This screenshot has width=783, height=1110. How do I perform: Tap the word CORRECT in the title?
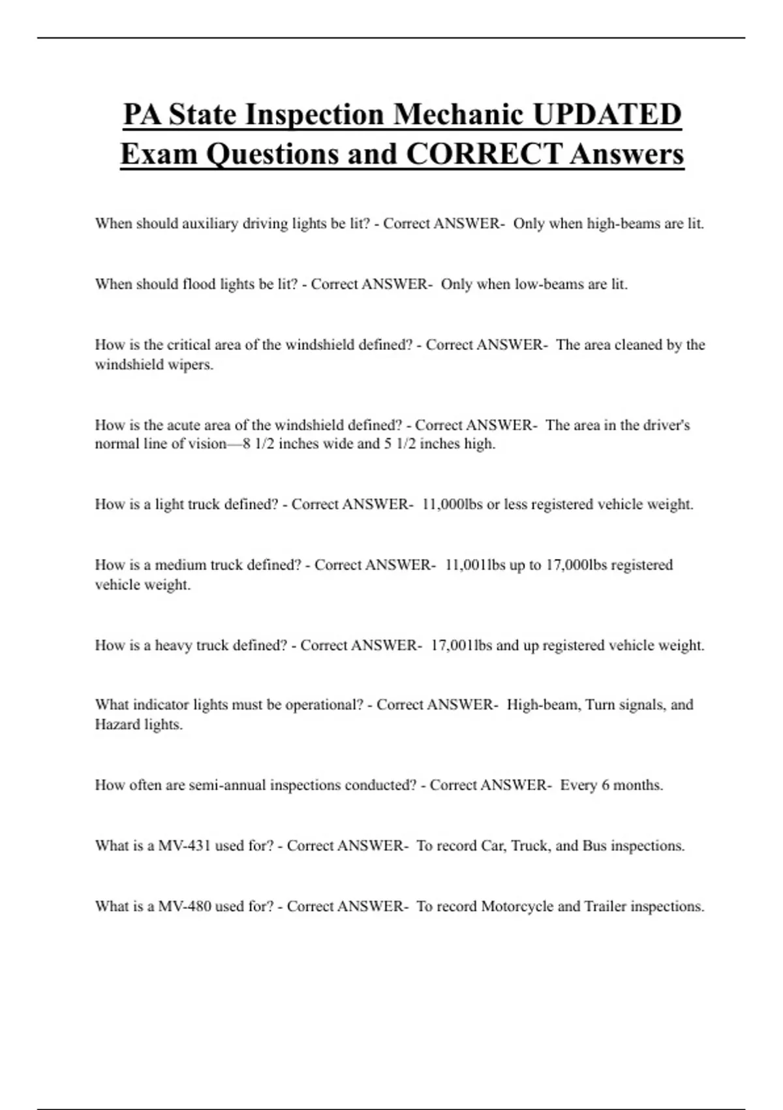[x=484, y=155]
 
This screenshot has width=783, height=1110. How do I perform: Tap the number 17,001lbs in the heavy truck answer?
[x=461, y=645]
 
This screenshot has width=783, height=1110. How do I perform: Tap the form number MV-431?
[x=185, y=846]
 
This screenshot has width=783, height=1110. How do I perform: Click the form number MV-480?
[x=185, y=906]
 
